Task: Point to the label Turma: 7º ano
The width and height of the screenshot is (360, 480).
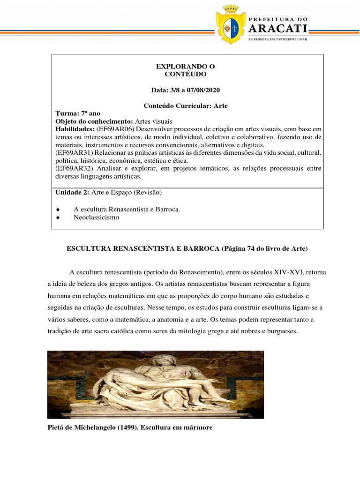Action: [x=78, y=113]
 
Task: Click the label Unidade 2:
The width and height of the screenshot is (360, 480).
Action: [x=72, y=193]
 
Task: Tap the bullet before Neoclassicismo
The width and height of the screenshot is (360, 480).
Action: [x=57, y=218]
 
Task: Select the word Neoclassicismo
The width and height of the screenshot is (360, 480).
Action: [x=97, y=218]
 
